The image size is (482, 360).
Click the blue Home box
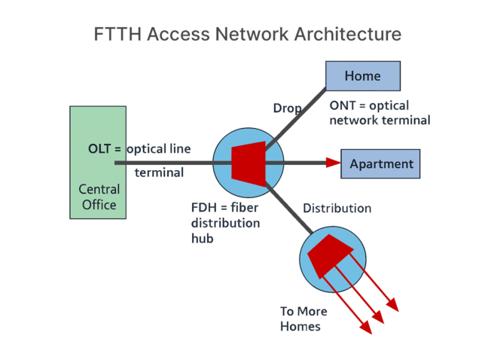click(362, 76)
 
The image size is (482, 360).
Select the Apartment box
click(381, 163)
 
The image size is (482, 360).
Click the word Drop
click(287, 109)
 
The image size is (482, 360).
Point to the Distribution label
click(337, 208)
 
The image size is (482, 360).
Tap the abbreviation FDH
click(204, 208)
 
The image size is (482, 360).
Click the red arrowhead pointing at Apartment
click(333, 163)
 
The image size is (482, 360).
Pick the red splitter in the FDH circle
click(248, 161)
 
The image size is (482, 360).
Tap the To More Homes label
click(300, 319)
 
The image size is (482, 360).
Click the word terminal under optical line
click(159, 172)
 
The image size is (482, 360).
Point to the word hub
click(203, 239)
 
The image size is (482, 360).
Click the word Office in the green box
click(98, 205)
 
